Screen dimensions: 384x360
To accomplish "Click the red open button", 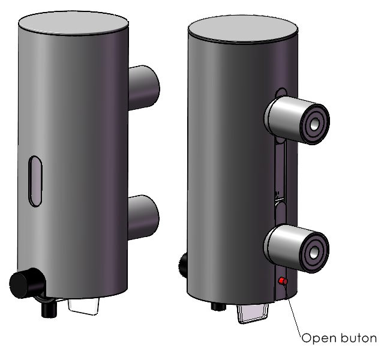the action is pos(283,281).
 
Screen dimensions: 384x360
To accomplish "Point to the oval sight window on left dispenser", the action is pos(35,181).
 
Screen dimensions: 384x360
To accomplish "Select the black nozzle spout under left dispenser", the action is pos(49,309).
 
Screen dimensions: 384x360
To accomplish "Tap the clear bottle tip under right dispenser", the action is pos(252,314).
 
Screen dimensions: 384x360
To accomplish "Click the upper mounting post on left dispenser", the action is pos(144,88).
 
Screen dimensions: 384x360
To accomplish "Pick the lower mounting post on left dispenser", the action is pos(143,217).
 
